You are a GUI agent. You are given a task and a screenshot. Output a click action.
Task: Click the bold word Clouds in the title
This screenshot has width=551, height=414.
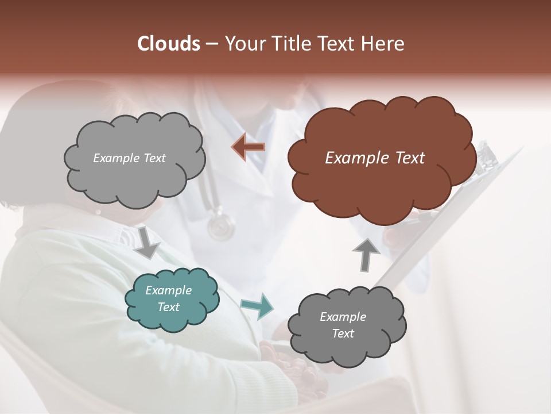pyautogui.click(x=169, y=44)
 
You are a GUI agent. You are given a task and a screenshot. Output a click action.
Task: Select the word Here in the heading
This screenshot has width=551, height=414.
pyautogui.click(x=384, y=44)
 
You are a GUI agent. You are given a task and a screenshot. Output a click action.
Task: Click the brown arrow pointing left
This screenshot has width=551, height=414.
pyautogui.click(x=249, y=147)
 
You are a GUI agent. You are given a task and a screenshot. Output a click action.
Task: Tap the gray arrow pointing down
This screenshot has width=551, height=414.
pyautogui.click(x=147, y=242)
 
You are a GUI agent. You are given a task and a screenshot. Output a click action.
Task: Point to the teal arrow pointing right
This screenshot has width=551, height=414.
pyautogui.click(x=257, y=305)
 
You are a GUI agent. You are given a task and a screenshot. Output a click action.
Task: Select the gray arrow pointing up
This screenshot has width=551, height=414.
pyautogui.click(x=366, y=254)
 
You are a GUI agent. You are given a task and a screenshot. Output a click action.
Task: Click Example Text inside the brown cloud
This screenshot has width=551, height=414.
pyautogui.click(x=375, y=158)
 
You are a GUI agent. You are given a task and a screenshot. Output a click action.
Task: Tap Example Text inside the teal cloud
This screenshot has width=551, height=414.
pyautogui.click(x=168, y=298)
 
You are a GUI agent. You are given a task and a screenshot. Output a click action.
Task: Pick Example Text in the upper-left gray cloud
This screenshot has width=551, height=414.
pyautogui.click(x=129, y=158)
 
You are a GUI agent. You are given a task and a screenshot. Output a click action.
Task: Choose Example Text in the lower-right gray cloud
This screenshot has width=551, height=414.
pyautogui.click(x=343, y=325)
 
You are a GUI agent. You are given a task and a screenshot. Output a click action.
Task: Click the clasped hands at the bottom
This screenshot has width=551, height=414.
pyautogui.click(x=293, y=368)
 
